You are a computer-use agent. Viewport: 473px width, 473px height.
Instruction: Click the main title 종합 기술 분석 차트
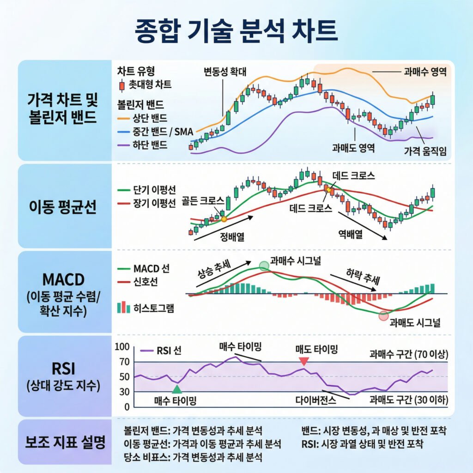tap(236, 31)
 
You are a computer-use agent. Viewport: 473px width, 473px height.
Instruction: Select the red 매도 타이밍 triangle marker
tap(303, 361)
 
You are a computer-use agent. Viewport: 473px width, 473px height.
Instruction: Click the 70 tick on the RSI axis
tap(124, 362)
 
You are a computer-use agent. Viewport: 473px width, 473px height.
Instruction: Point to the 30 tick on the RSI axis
tap(124, 392)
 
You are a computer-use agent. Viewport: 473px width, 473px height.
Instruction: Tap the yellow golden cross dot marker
tap(224, 219)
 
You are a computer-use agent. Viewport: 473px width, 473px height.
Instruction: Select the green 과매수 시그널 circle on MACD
tap(264, 266)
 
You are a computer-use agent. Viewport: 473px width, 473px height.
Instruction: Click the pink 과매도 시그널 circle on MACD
tap(383, 316)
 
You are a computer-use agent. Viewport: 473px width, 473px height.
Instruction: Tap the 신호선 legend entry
tap(144, 281)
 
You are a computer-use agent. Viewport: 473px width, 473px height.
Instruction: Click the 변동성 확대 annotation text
tap(226, 72)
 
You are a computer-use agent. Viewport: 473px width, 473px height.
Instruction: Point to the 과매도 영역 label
tap(353, 148)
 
